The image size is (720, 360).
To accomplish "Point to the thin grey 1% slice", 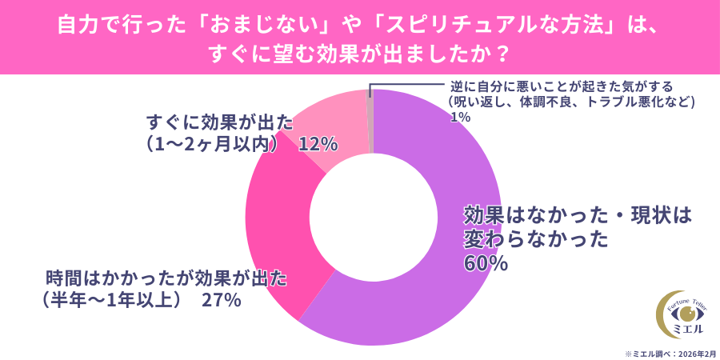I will [x=370, y=120].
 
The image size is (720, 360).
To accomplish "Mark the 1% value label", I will [x=459, y=117].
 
